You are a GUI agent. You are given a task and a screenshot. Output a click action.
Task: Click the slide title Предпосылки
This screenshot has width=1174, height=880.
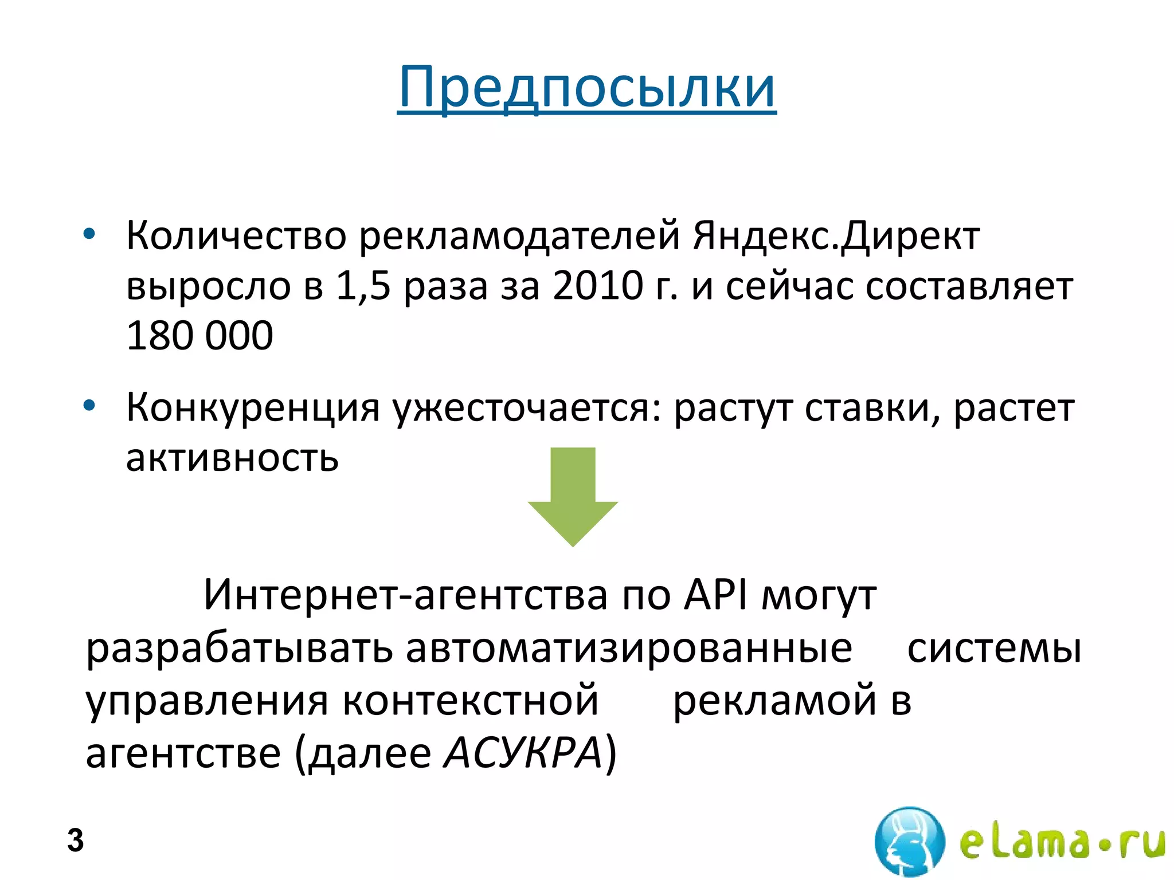586,88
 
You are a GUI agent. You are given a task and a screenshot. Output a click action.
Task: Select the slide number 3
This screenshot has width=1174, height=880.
75,840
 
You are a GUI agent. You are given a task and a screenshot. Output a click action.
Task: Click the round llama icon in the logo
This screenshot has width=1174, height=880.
909,840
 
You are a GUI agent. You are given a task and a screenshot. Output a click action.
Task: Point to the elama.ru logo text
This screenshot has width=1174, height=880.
1062,842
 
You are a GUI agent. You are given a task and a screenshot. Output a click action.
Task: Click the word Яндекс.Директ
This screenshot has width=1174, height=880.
836,235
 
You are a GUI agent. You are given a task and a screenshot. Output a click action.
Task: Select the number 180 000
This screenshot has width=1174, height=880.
199,335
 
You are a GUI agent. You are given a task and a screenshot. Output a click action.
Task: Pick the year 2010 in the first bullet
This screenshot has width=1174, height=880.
598,285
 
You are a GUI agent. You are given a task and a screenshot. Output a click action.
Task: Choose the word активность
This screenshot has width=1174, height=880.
232,458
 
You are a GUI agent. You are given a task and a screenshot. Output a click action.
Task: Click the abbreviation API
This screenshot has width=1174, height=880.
716,594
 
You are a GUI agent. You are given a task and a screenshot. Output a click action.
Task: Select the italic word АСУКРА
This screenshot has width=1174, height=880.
523,752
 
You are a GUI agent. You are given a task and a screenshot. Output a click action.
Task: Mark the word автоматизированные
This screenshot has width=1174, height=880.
629,648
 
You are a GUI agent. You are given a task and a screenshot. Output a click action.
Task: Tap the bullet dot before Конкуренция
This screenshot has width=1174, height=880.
89,406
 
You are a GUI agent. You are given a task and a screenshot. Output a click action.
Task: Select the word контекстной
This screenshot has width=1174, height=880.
471,700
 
